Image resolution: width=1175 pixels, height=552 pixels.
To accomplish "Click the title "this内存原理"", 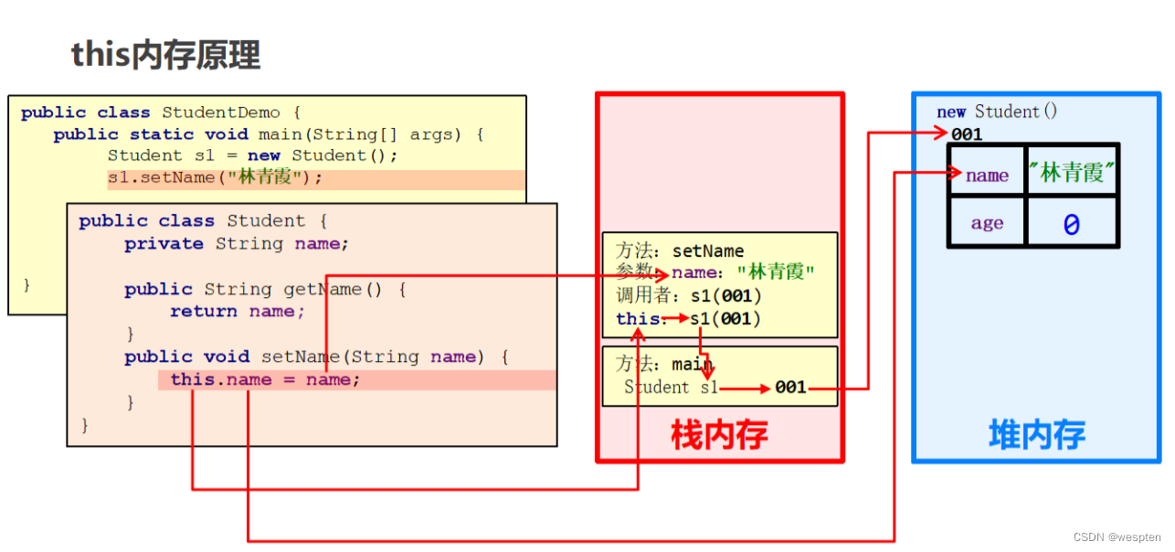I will point(165,55).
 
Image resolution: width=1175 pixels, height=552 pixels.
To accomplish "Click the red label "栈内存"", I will point(718,435).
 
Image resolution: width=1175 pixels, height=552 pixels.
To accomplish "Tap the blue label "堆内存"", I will point(1036,435).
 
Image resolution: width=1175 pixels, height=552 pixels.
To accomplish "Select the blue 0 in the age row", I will point(1071,225).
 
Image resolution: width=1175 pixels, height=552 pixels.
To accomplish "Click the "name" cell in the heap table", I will point(987,175).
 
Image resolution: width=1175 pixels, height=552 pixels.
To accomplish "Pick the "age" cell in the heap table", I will point(987,224).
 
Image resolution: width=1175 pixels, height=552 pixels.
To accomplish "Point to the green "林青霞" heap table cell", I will point(1072,173).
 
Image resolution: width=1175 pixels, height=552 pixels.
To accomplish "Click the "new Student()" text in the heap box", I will point(997,111).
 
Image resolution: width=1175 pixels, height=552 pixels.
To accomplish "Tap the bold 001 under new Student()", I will point(967,134).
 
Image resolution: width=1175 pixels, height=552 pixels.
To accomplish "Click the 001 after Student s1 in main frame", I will point(790,387).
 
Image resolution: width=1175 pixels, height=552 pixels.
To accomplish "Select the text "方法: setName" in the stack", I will point(680,250).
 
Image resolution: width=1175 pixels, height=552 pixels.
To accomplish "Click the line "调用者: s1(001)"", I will point(688,296).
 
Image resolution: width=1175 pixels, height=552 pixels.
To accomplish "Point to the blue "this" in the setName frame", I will point(637,318).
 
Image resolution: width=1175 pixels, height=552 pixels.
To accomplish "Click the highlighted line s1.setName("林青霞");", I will point(216,178).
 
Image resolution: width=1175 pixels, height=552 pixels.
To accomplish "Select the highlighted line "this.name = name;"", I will point(265,380).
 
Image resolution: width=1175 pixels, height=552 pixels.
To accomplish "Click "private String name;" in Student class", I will point(237,244).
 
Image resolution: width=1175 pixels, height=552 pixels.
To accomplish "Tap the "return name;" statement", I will point(238,312).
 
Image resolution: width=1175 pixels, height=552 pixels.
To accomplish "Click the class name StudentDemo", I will point(220,112).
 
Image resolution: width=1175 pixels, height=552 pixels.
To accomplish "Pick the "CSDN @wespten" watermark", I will point(1116,537).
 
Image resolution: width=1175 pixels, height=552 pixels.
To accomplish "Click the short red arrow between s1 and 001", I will point(744,388).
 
